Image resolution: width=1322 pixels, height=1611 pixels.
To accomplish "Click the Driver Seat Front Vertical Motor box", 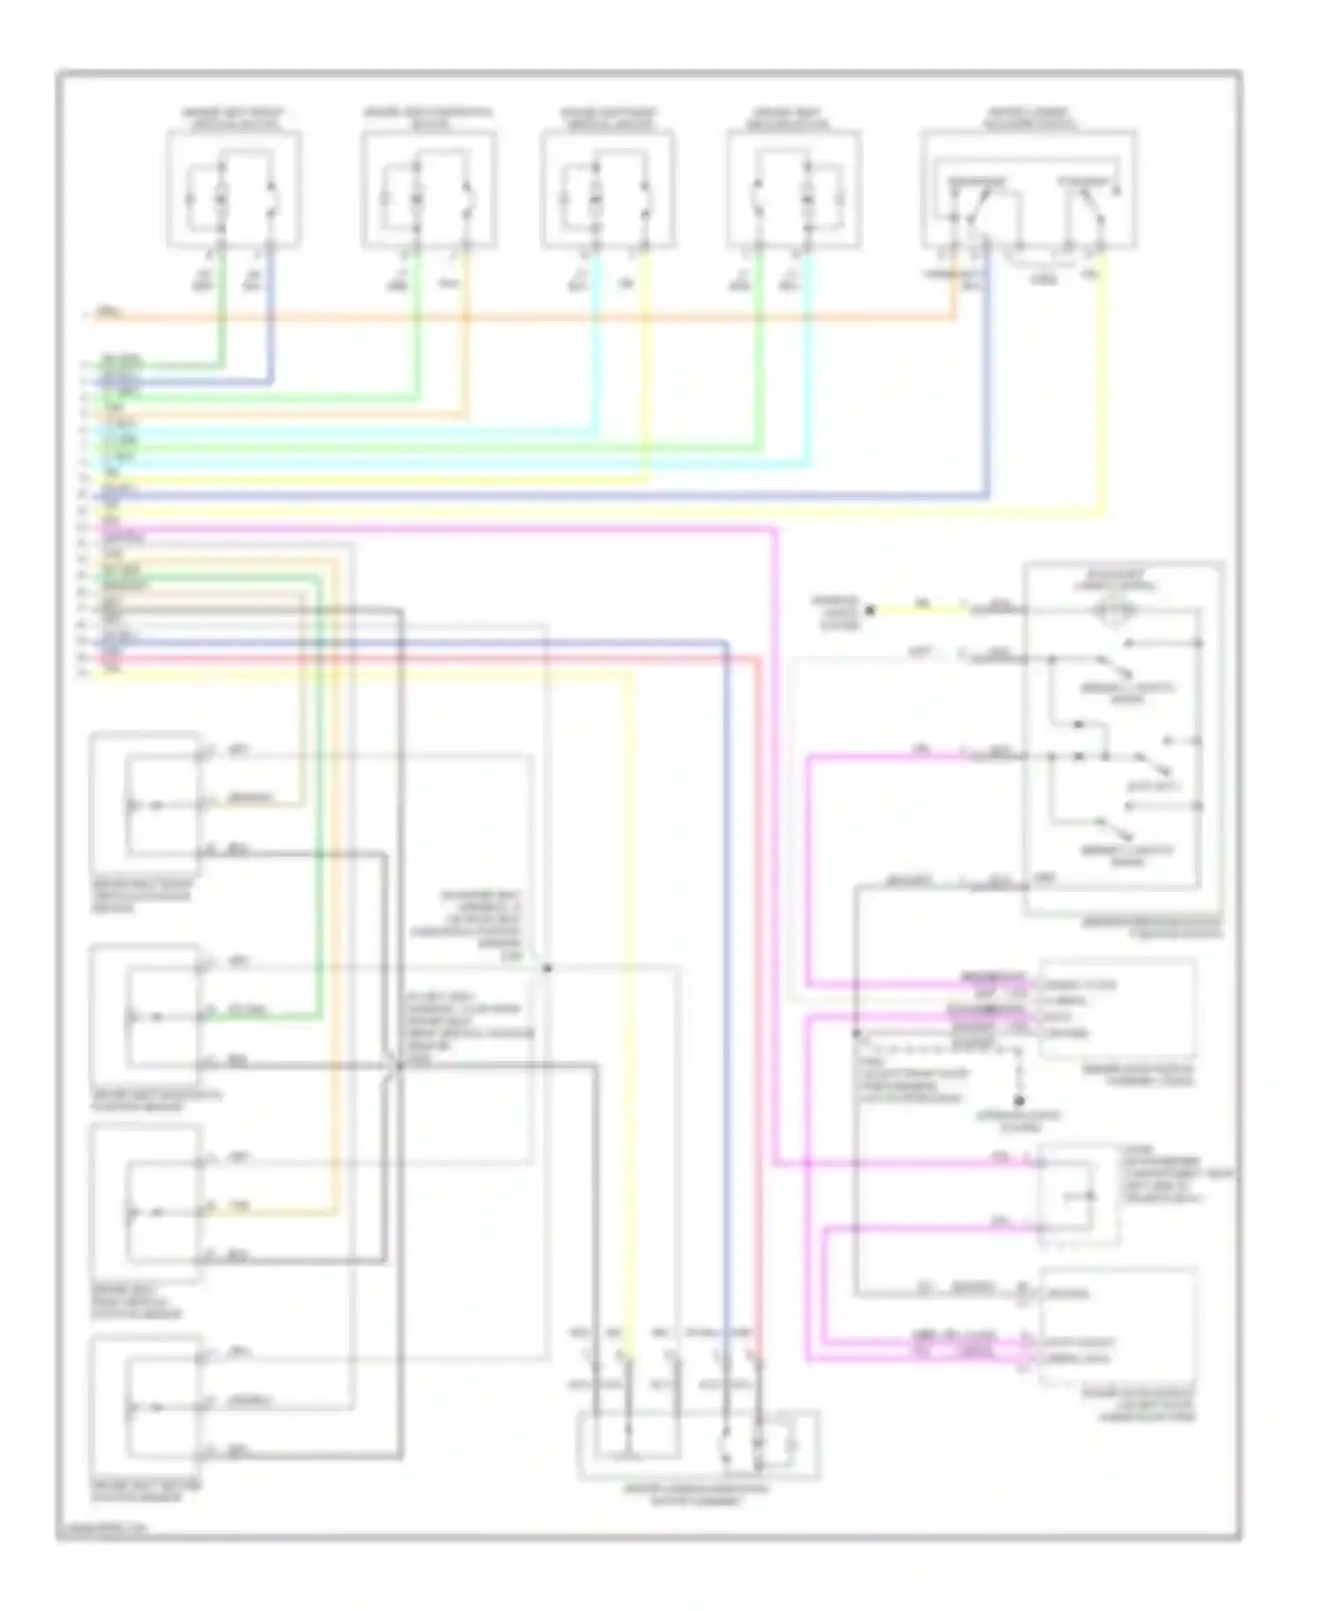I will tap(234, 189).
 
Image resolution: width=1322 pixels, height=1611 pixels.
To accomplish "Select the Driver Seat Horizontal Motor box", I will tap(428, 189).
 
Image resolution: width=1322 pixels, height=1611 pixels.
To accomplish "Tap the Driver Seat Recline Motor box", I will tap(793, 189).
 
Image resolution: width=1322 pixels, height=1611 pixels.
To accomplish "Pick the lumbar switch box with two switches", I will tap(1028, 189).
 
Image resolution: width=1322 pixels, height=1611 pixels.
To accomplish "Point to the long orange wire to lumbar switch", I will tap(529, 316).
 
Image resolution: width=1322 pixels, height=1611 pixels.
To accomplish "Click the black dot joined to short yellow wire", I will tap(869, 609).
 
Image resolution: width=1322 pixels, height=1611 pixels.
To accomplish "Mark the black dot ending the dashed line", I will tap(1020, 1101).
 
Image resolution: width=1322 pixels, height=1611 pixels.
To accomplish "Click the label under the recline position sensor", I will tap(146, 1490).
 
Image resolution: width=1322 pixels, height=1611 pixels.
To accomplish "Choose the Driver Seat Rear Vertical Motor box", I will tap(608, 189).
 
